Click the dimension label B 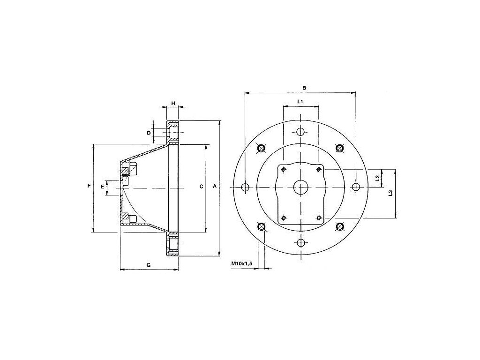pyautogui.click(x=304, y=88)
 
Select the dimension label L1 pyautogui.click(x=300, y=101)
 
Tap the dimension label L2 pyautogui.click(x=377, y=178)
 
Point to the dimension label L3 pyautogui.click(x=390, y=194)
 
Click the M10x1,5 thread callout pyautogui.click(x=241, y=263)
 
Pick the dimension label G pyautogui.click(x=149, y=265)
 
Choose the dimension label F pyautogui.click(x=89, y=186)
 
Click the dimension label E pyautogui.click(x=103, y=187)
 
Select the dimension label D pyautogui.click(x=149, y=133)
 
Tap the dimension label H pyautogui.click(x=173, y=103)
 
